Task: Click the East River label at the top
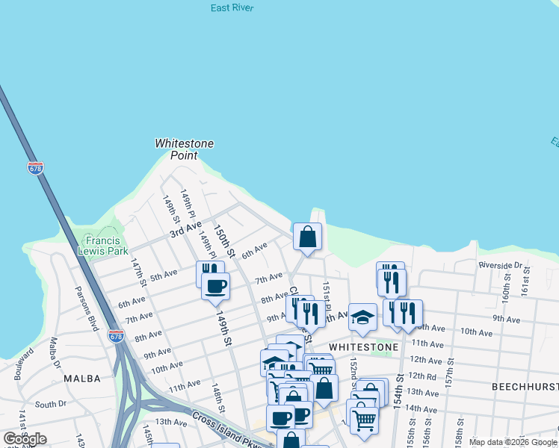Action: pos(232,8)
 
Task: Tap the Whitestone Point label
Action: pos(184,149)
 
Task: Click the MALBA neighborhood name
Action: pos(82,379)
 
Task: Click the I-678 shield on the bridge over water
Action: pos(35,168)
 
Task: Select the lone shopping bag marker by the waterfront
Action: pos(307,237)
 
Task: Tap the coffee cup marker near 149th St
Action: pos(215,287)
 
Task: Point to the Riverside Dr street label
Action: pos(501,265)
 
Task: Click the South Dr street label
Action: pos(51,405)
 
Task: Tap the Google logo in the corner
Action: pos(25,439)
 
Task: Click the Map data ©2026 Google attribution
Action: pos(512,442)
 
